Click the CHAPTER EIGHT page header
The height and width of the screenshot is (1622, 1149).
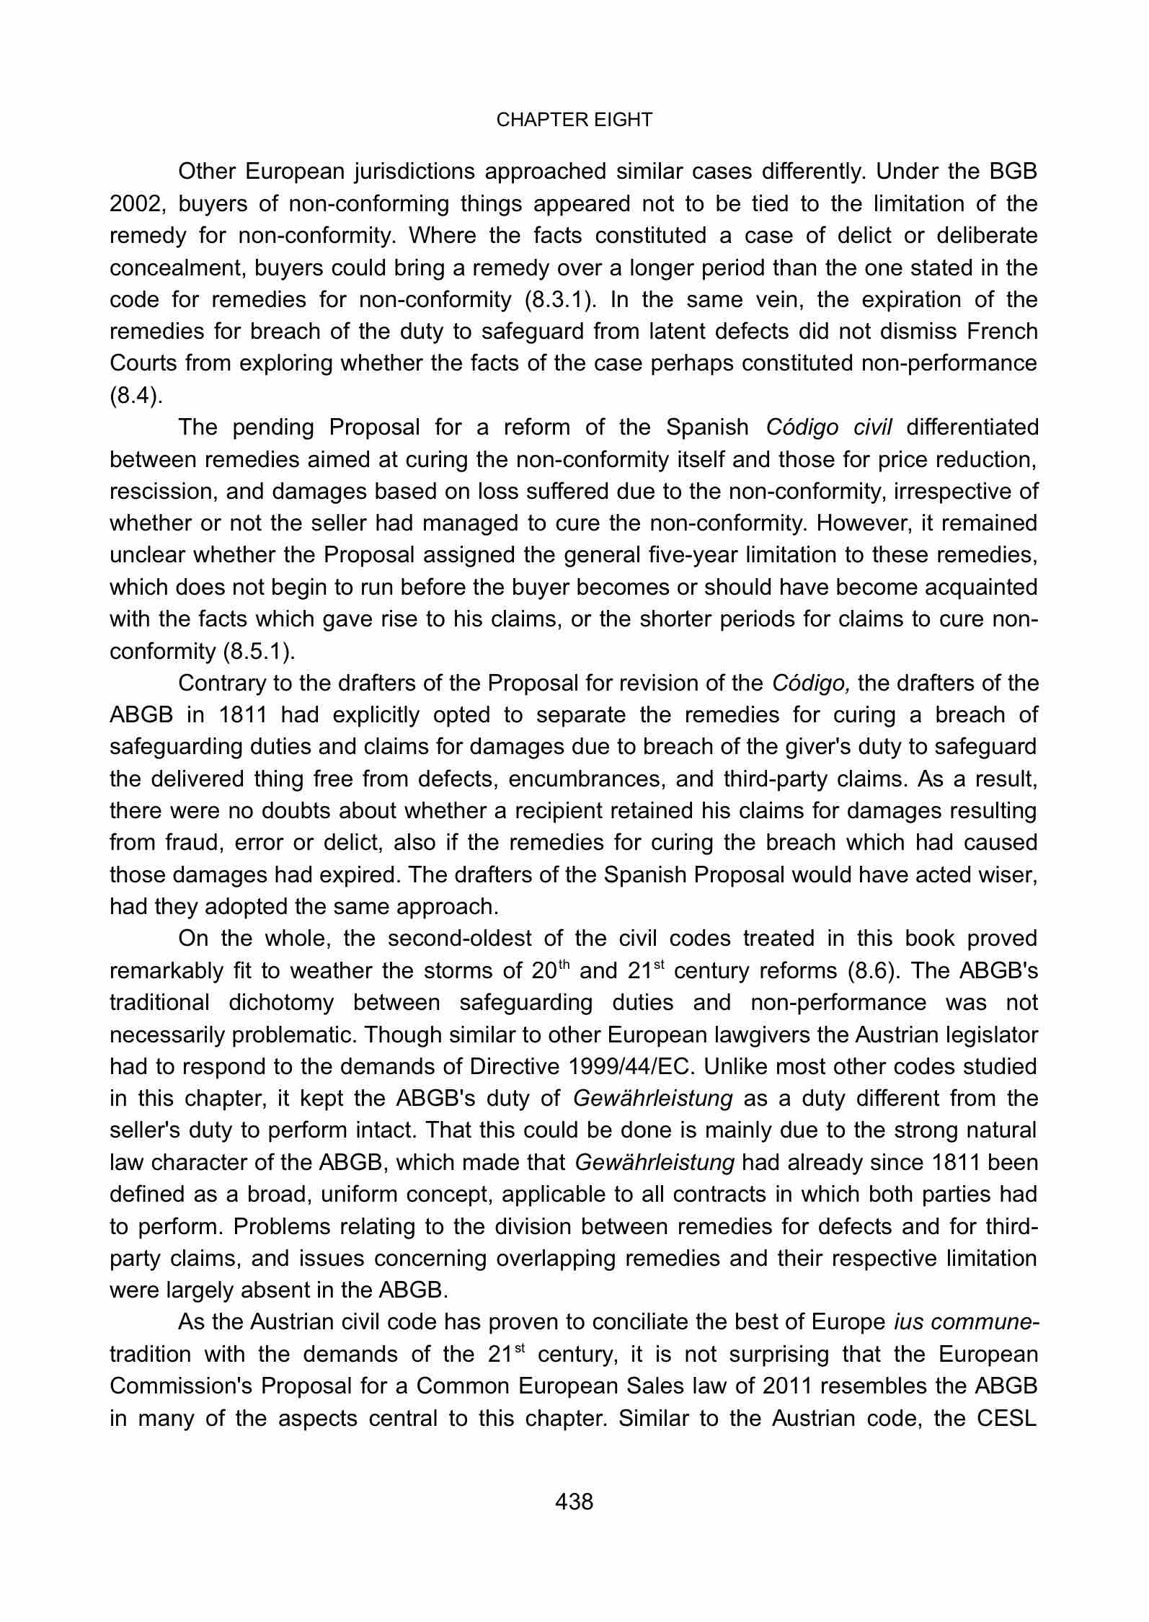(x=574, y=120)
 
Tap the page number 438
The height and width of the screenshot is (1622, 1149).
(x=574, y=1502)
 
